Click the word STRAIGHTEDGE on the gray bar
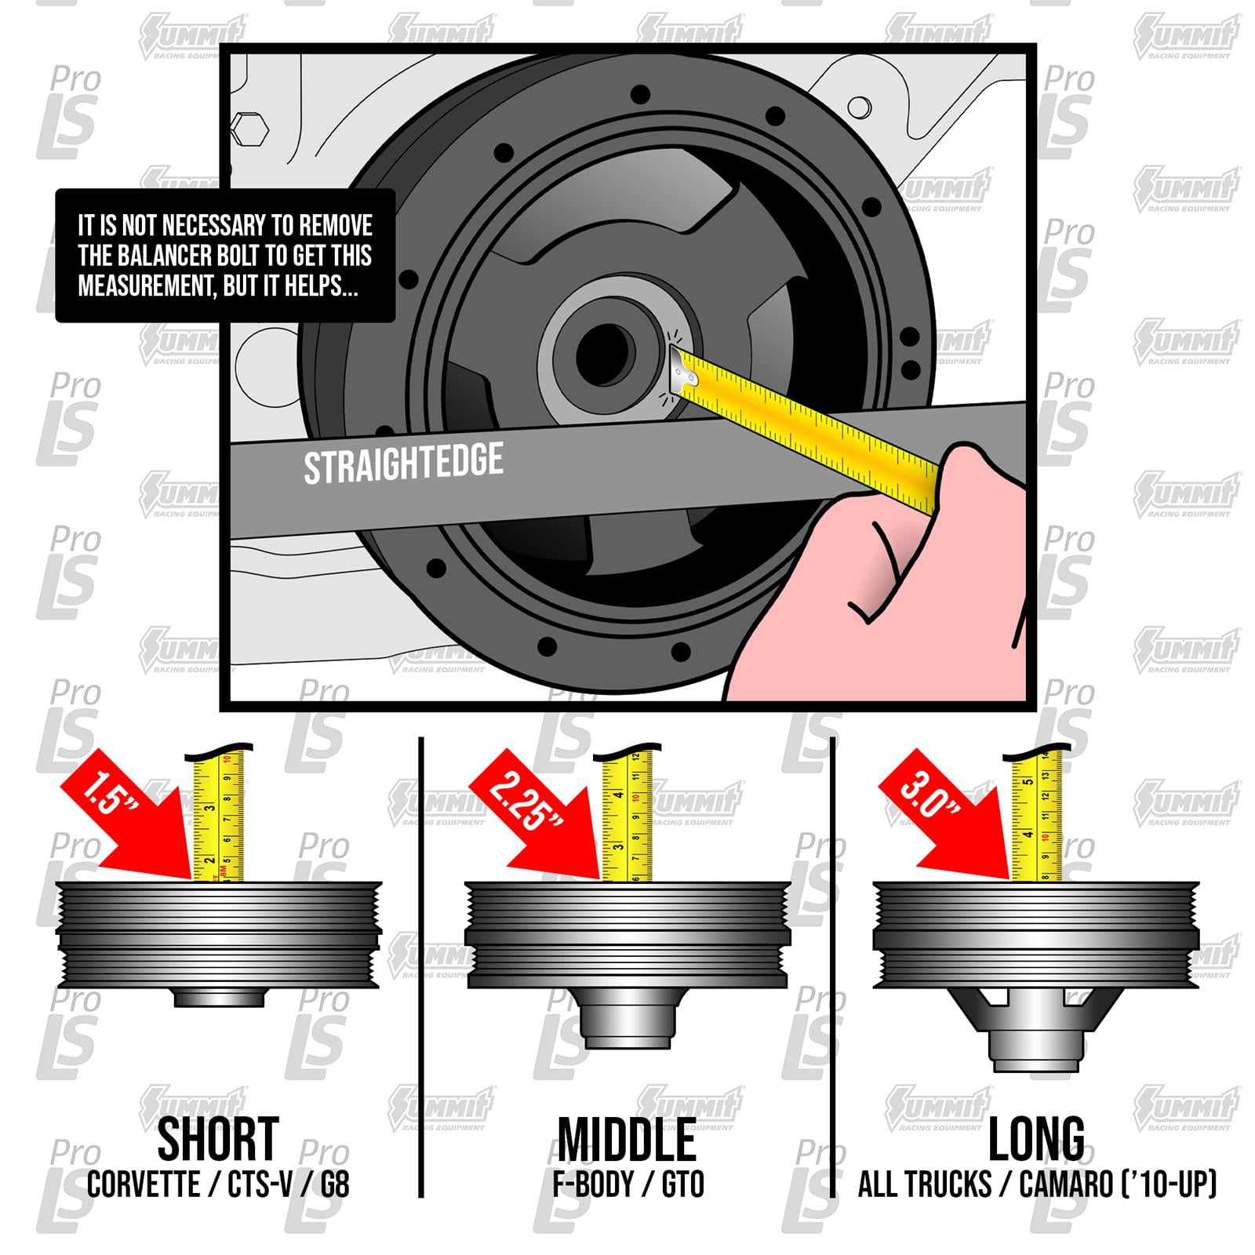[x=403, y=464]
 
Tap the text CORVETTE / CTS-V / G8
[x=218, y=1184]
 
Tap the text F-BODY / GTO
[x=627, y=1184]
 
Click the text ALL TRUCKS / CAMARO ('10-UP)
[x=1036, y=1184]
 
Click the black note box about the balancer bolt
[x=225, y=256]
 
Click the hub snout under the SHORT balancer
[x=220, y=998]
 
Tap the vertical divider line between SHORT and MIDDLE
[x=421, y=965]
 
